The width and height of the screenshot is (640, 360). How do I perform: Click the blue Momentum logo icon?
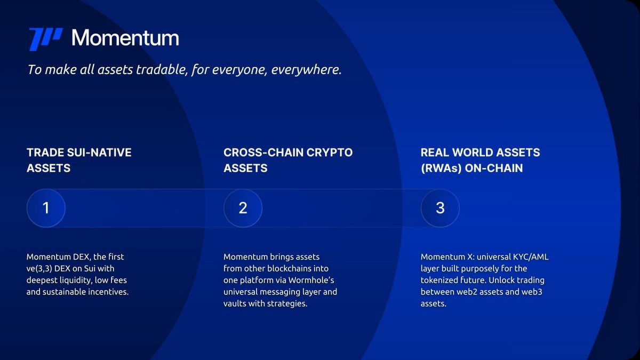pos(45,39)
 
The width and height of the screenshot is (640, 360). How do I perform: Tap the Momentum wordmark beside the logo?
pos(125,38)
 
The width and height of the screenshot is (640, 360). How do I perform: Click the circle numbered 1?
pos(46,208)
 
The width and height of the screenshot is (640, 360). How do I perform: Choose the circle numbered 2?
pos(243,208)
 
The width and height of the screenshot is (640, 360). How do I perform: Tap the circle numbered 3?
pos(440,208)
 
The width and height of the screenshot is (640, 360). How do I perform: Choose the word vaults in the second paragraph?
pos(235,304)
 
